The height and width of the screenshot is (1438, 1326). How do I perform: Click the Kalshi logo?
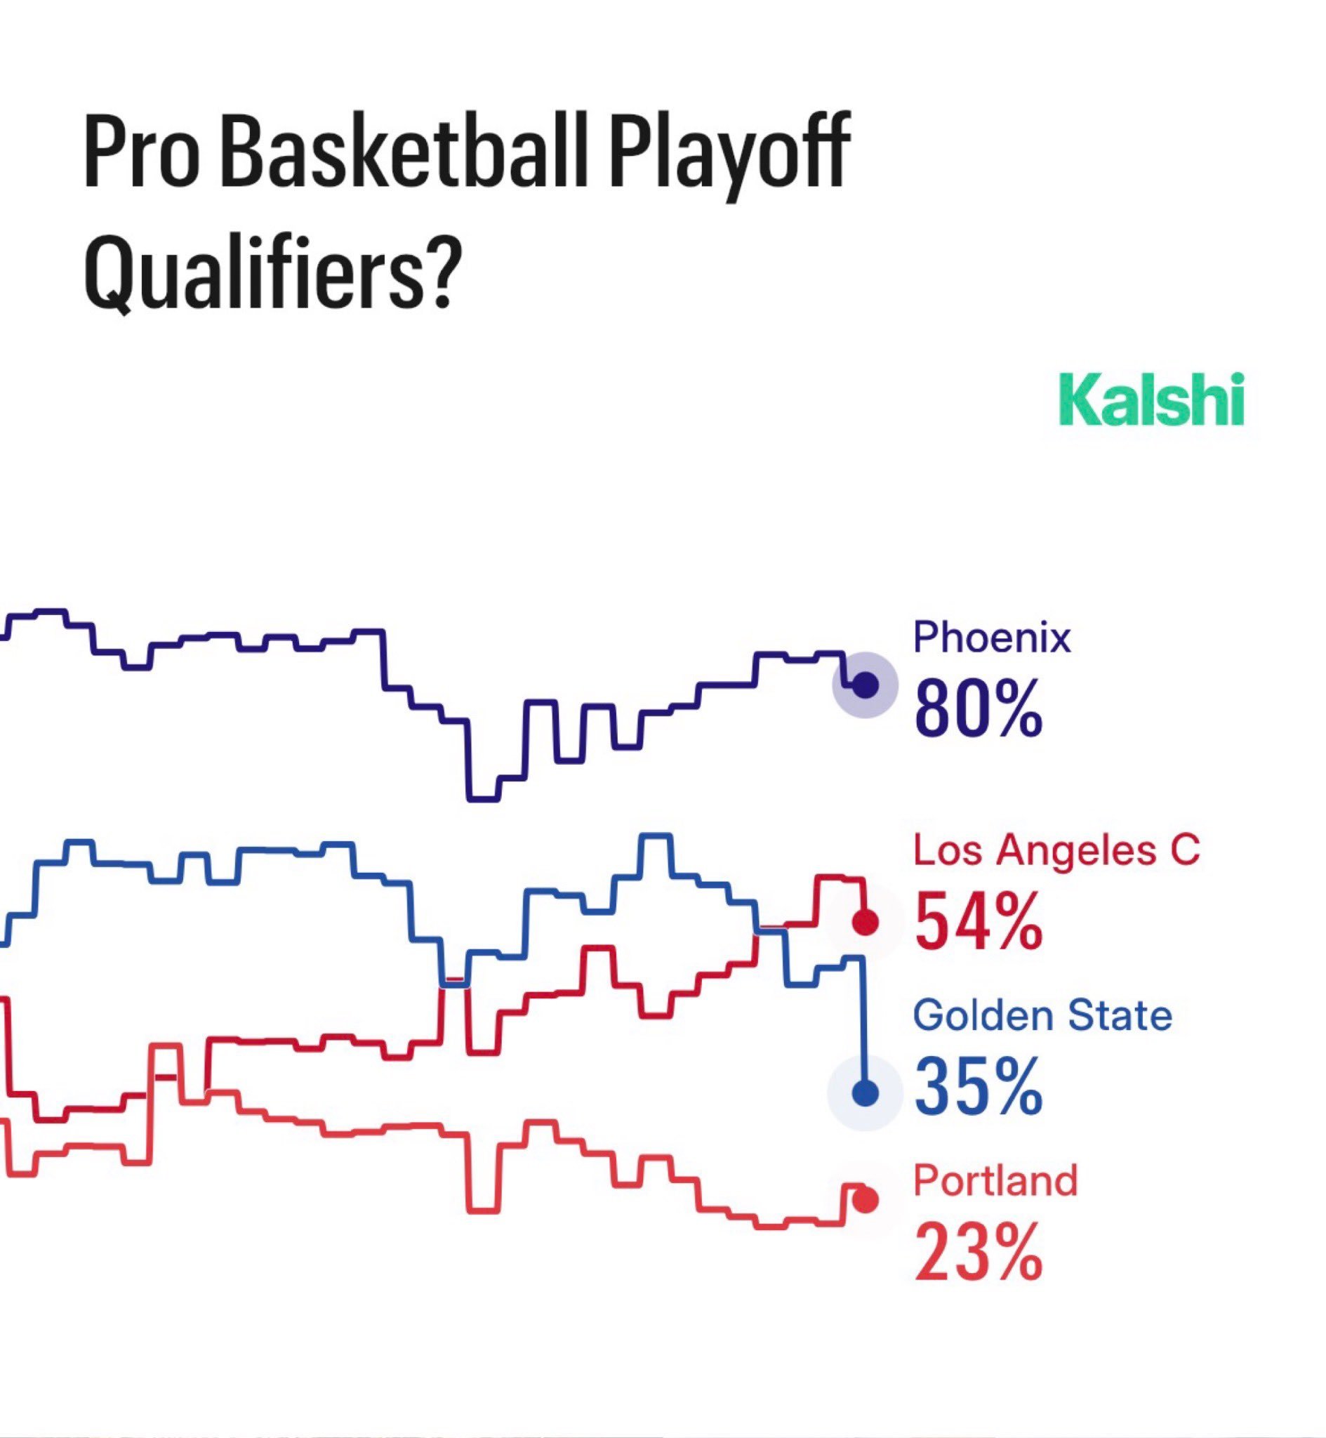(1151, 399)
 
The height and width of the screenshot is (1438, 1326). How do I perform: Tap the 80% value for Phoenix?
(978, 709)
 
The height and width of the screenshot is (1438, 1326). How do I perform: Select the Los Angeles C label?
(1056, 852)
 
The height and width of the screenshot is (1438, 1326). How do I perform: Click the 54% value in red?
(978, 921)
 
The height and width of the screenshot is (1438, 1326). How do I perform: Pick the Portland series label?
(995, 1181)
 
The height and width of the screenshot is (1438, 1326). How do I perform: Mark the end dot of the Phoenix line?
(866, 685)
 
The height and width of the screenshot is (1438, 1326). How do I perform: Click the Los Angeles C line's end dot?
(866, 922)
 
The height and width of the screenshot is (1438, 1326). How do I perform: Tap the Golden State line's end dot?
(866, 1093)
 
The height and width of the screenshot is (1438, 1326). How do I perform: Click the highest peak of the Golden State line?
(656, 836)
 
